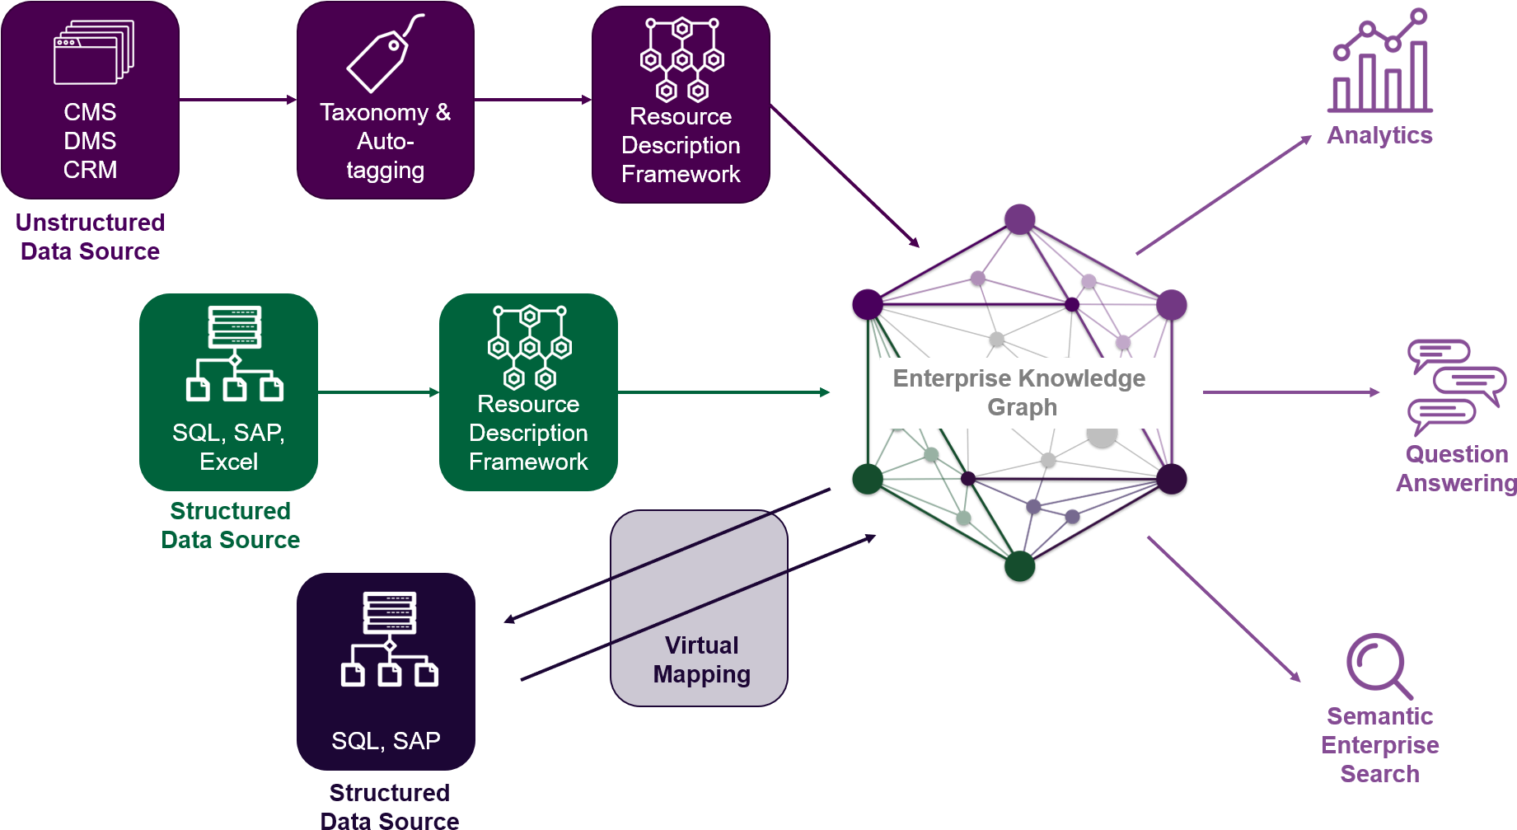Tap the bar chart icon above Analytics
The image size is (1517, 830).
click(x=1380, y=61)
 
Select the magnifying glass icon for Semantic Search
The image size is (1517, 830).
click(x=1379, y=665)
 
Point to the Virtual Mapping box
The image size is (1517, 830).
click(x=699, y=608)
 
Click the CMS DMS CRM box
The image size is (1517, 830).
click(x=90, y=100)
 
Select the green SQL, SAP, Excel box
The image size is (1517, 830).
click(x=228, y=392)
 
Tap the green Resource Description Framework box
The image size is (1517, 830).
click(x=528, y=392)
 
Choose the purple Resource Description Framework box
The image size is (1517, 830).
click(x=681, y=105)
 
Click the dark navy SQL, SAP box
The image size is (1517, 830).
click(x=386, y=672)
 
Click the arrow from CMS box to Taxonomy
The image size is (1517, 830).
click(x=238, y=100)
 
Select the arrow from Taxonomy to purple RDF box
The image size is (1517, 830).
click(x=533, y=100)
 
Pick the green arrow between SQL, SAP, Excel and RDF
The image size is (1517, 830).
click(x=378, y=392)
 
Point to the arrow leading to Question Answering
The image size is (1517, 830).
click(x=1291, y=392)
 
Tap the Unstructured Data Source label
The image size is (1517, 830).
click(x=91, y=237)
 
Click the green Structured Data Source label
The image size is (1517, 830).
click(x=230, y=525)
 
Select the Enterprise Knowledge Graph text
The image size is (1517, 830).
click(x=1019, y=392)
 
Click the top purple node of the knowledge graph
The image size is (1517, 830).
click(x=1020, y=219)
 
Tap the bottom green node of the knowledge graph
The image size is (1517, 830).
click(x=1020, y=566)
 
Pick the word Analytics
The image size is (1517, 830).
click(x=1379, y=135)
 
